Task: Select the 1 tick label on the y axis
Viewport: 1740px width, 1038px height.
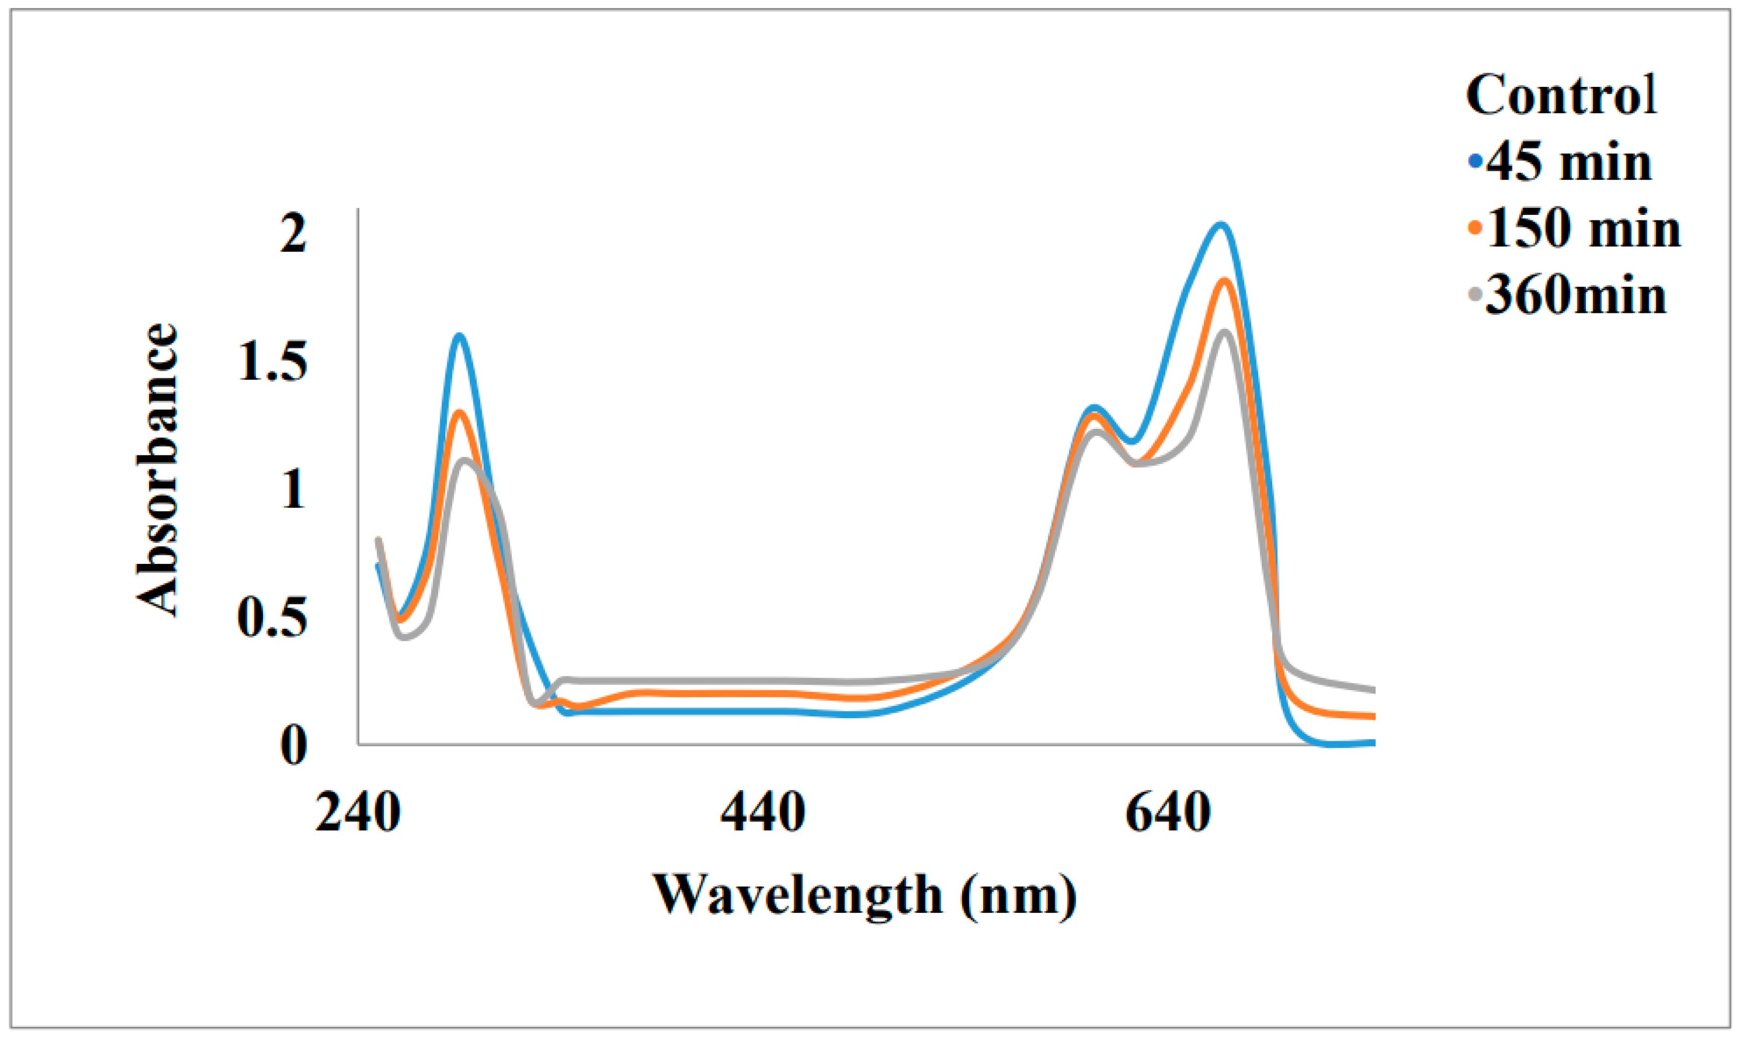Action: (293, 489)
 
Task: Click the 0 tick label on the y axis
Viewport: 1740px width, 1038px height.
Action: (293, 745)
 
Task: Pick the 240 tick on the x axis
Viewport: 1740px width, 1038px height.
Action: (358, 813)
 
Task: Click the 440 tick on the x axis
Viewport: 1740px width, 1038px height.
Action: (763, 813)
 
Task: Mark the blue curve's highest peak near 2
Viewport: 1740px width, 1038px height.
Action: (1221, 224)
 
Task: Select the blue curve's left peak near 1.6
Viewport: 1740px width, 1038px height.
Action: (459, 336)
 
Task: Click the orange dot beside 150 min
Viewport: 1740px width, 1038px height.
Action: (1475, 228)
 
